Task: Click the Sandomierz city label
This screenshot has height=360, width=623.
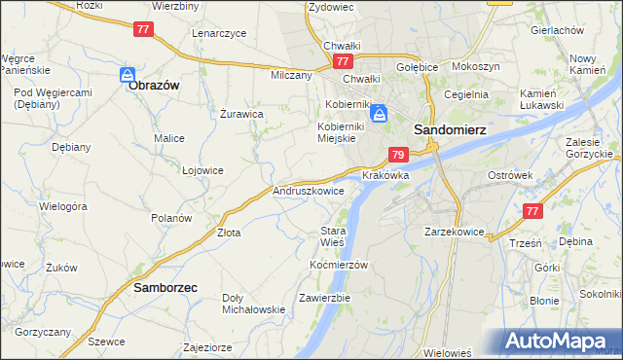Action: click(x=450, y=128)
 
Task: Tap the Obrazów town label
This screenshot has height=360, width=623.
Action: click(x=154, y=86)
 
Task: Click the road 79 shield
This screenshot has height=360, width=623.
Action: click(x=397, y=155)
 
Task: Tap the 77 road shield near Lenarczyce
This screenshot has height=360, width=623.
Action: click(x=143, y=29)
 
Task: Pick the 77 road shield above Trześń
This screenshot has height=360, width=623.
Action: click(x=531, y=211)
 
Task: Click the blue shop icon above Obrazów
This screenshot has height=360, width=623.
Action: click(x=128, y=74)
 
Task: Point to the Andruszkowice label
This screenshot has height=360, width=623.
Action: click(x=309, y=192)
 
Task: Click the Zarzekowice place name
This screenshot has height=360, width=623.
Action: click(x=455, y=233)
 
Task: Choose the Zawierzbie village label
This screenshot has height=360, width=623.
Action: click(x=325, y=297)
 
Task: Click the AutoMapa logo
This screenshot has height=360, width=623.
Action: click(x=562, y=342)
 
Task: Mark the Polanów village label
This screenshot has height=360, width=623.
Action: click(x=171, y=218)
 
